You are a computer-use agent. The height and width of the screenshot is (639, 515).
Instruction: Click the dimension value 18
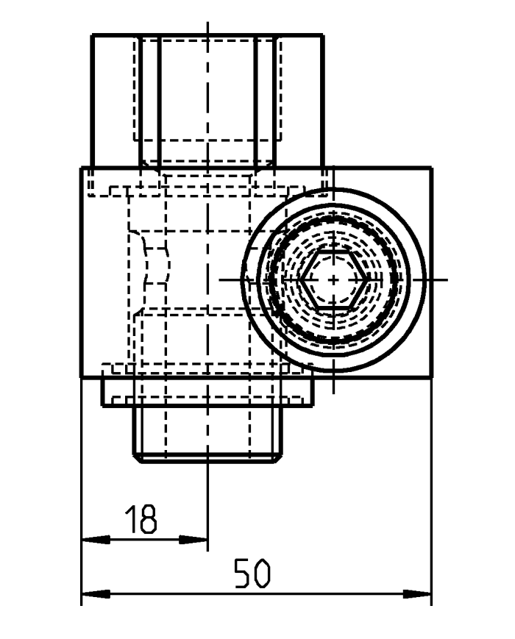[141, 518]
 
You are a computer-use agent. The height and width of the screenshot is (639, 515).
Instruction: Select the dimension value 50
[252, 574]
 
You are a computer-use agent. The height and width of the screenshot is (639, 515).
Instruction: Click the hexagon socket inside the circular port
[333, 279]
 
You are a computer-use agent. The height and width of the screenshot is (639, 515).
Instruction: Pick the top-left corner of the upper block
[91, 35]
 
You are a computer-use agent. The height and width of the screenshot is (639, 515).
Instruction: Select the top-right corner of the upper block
[324, 35]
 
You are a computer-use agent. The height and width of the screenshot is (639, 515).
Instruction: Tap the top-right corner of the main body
[431, 168]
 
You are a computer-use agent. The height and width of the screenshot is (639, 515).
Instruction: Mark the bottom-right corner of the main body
[431, 377]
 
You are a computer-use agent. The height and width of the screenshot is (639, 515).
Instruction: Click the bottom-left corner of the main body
[80, 377]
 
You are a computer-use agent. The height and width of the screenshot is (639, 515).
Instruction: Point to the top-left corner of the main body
[80, 168]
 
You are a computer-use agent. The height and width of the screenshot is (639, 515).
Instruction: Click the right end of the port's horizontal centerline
[447, 279]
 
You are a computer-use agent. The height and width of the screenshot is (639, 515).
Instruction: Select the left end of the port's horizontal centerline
[220, 279]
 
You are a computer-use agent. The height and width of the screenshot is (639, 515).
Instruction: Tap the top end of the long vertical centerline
[208, 24]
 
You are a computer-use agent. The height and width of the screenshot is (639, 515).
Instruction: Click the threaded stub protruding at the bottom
[208, 434]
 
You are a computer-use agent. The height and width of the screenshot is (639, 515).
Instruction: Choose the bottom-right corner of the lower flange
[314, 405]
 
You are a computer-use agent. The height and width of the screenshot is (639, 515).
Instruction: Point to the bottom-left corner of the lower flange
[102, 405]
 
